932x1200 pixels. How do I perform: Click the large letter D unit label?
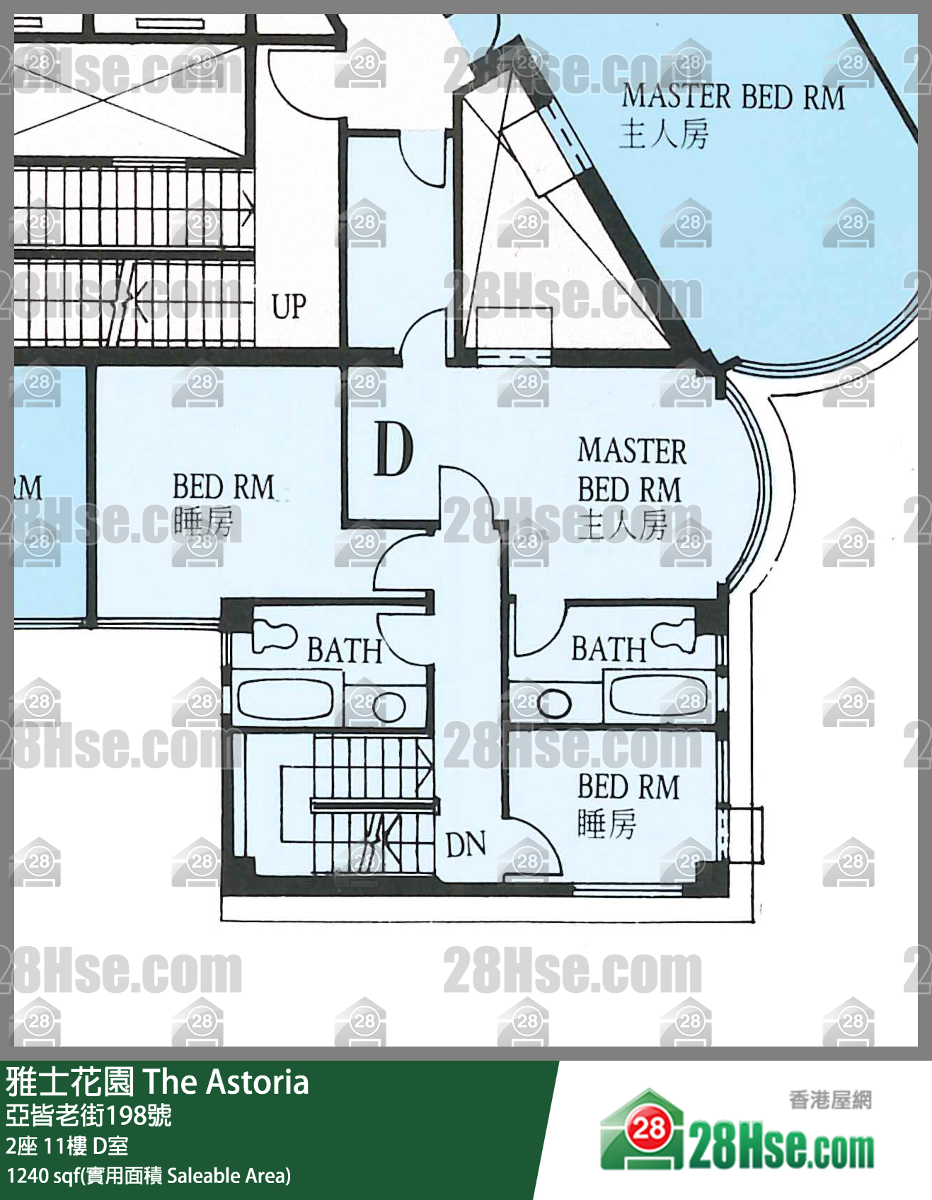point(393,448)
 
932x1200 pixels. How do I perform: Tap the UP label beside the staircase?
point(289,307)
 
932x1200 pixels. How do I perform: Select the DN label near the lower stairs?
point(466,844)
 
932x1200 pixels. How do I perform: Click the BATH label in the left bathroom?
point(345,650)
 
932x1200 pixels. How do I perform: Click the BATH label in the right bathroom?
point(609,649)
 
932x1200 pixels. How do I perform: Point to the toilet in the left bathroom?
point(273,635)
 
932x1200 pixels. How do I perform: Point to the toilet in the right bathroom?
point(674,634)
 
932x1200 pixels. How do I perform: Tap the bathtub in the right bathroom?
point(658,696)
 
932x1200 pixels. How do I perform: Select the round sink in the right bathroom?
point(554,704)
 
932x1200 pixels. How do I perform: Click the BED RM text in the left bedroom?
point(223,487)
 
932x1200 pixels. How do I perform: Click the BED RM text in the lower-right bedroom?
point(628,787)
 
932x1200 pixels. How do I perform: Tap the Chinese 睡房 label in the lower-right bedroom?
point(606,824)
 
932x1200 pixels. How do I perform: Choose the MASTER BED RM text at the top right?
point(733,97)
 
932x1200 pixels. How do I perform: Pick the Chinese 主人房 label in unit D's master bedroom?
point(623,525)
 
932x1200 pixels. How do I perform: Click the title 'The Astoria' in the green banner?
point(226,1082)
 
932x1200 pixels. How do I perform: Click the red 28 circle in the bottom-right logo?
point(648,1128)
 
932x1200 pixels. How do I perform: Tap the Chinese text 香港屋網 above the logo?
point(831,1100)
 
